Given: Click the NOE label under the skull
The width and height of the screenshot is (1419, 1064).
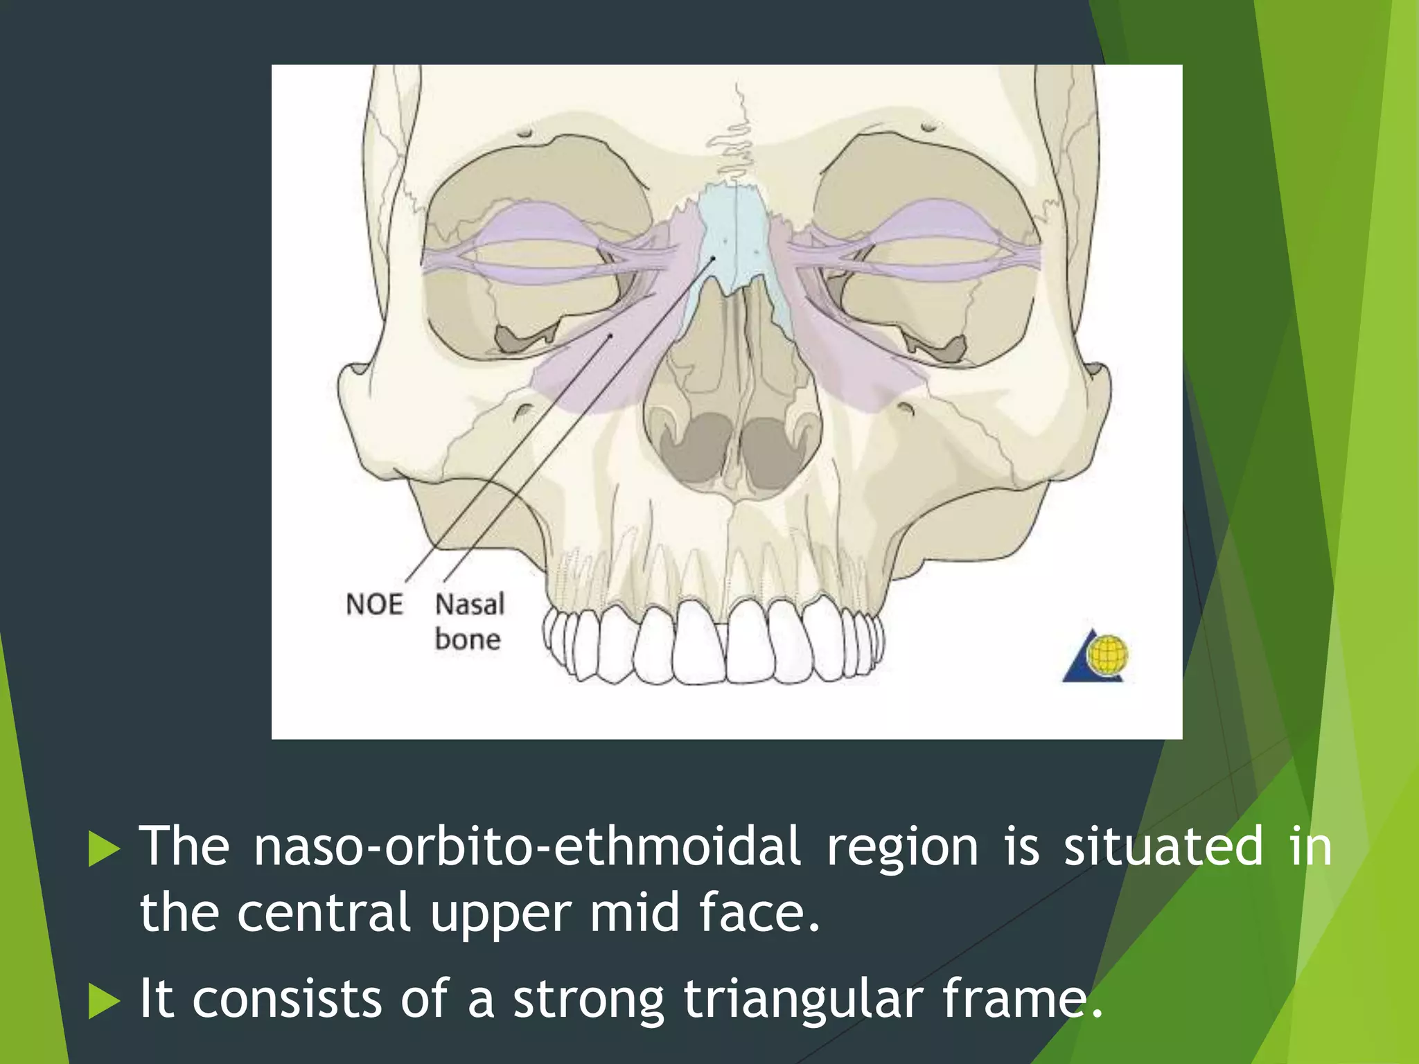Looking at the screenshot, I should click(x=374, y=604).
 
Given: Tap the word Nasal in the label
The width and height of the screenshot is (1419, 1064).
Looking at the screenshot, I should click(x=469, y=604).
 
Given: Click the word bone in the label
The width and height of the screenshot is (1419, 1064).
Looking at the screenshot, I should click(x=468, y=639).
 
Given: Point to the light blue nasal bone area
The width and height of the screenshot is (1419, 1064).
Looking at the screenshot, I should click(x=734, y=236).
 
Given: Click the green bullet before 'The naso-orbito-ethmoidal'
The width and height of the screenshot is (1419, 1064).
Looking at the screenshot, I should click(x=104, y=849).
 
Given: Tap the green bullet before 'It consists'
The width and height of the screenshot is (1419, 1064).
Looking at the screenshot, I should click(x=104, y=1002).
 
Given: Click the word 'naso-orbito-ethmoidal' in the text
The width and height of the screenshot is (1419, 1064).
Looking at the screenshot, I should click(x=527, y=846).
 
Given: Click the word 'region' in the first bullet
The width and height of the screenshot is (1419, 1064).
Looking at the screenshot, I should click(x=902, y=846).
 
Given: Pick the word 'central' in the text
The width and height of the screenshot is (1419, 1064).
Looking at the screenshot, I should click(x=324, y=912).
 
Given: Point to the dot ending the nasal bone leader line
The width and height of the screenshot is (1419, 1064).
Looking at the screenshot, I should click(x=713, y=258).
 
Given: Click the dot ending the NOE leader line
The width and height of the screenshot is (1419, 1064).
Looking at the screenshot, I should click(x=610, y=336).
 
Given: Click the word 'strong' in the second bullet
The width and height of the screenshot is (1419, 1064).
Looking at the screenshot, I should click(x=588, y=999).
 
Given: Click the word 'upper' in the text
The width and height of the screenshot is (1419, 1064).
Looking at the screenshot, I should click(x=500, y=912).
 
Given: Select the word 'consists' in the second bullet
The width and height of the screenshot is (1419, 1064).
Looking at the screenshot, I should click(x=287, y=999).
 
